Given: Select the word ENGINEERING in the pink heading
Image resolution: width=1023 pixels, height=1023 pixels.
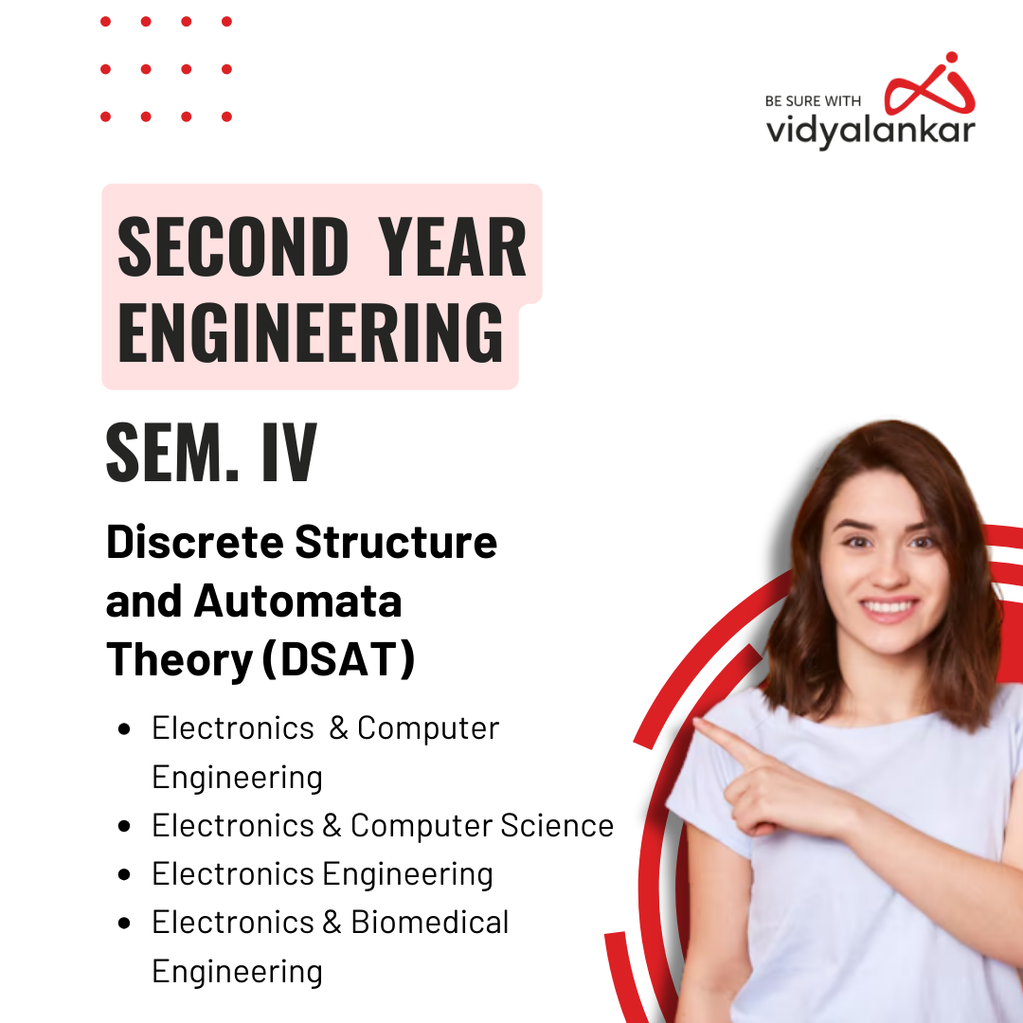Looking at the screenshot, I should pos(311,332).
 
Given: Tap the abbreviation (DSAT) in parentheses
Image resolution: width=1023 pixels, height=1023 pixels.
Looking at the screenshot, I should pos(337,660).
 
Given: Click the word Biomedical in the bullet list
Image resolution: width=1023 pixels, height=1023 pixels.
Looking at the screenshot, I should pos(430,922).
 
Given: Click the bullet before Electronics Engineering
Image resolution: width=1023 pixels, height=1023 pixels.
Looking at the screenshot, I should pos(124,874).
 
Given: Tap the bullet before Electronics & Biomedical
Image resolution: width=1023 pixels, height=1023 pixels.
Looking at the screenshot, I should pos(124,923).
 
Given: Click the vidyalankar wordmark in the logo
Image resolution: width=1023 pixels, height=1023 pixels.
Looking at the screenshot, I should pos(870,131).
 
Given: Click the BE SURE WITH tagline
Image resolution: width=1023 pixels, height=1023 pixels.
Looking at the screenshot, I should pos(814,101).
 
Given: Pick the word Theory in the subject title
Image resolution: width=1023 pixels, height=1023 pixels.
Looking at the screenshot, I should pos(177,660).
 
